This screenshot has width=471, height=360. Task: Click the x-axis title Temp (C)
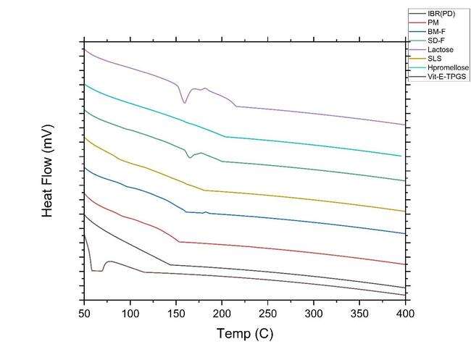click(x=245, y=335)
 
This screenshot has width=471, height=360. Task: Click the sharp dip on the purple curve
click(x=185, y=102)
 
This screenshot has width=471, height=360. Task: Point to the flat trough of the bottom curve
click(x=97, y=270)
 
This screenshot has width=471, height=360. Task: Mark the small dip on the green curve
click(x=190, y=156)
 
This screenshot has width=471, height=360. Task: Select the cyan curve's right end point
click(x=401, y=156)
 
